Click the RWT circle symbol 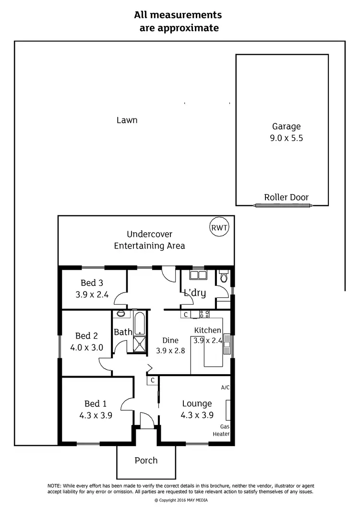(219, 227)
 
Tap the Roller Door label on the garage (286, 197)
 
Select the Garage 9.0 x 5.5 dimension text (287, 138)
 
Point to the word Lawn (127, 120)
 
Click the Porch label (146, 460)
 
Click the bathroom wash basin (120, 314)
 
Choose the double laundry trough (197, 276)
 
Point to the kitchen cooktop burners (204, 315)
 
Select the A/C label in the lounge (225, 387)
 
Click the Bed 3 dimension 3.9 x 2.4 (92, 295)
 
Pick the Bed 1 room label (91, 403)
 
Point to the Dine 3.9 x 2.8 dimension (170, 351)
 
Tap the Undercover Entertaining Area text (149, 240)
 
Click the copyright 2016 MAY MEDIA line (180, 499)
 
